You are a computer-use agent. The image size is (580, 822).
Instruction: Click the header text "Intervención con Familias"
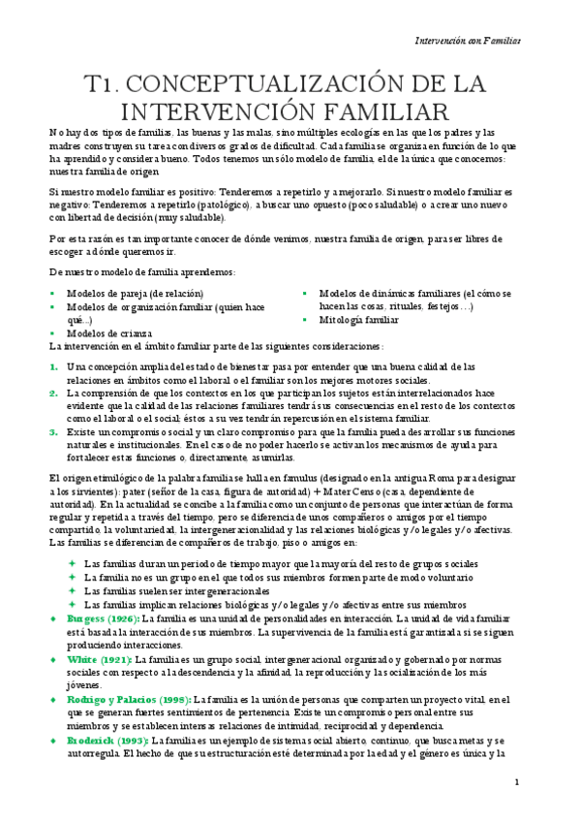(467, 42)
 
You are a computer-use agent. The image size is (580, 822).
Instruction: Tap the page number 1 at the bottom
(517, 781)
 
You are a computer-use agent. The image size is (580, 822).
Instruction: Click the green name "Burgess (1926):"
(102, 618)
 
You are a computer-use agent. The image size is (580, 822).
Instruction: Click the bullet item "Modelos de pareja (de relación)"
(135, 294)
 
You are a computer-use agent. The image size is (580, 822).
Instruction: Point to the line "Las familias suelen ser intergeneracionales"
(177, 590)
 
